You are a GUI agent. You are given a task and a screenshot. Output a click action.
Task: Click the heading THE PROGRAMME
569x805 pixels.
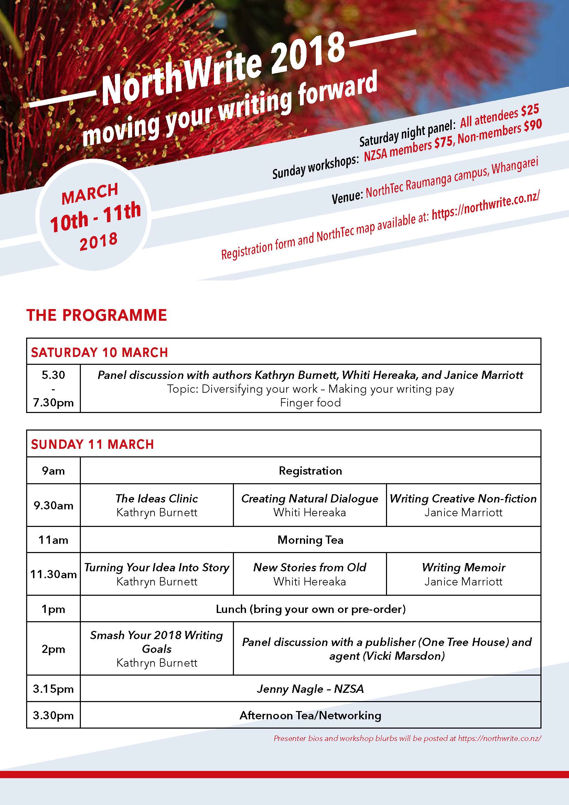(x=96, y=315)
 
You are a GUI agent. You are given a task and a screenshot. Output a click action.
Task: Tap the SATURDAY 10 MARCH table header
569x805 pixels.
(x=99, y=352)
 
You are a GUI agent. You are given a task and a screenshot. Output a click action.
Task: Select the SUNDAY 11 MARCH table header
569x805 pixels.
(x=93, y=444)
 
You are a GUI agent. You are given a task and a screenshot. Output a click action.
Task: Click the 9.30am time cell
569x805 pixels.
(x=53, y=505)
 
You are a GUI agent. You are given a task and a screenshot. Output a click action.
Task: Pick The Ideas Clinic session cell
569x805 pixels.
(x=157, y=505)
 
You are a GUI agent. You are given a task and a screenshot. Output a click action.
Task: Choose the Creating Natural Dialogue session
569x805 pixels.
(x=310, y=505)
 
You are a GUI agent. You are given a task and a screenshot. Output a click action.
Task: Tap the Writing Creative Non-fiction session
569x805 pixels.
(x=463, y=505)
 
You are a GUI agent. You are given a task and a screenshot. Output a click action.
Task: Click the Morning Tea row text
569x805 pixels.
(x=310, y=540)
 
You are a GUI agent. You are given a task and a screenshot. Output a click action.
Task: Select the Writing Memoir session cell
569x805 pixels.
(x=463, y=574)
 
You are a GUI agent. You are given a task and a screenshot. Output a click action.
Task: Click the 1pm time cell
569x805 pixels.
(x=53, y=609)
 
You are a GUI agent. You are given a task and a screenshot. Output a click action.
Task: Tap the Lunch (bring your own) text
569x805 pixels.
(x=310, y=609)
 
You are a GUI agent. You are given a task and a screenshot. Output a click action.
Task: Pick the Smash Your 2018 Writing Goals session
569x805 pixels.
(x=157, y=649)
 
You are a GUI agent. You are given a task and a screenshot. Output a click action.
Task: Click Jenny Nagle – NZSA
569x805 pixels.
(x=310, y=689)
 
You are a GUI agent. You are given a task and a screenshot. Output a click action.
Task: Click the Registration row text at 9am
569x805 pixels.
(x=310, y=470)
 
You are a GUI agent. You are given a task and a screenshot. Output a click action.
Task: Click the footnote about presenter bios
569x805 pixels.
(x=407, y=738)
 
